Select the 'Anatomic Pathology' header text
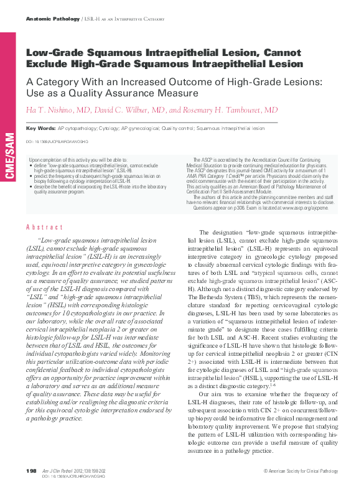(x=52, y=20)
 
